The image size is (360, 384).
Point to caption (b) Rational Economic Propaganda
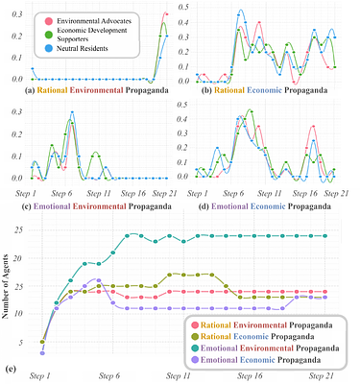click(269, 91)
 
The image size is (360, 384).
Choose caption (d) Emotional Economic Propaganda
click(269, 204)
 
